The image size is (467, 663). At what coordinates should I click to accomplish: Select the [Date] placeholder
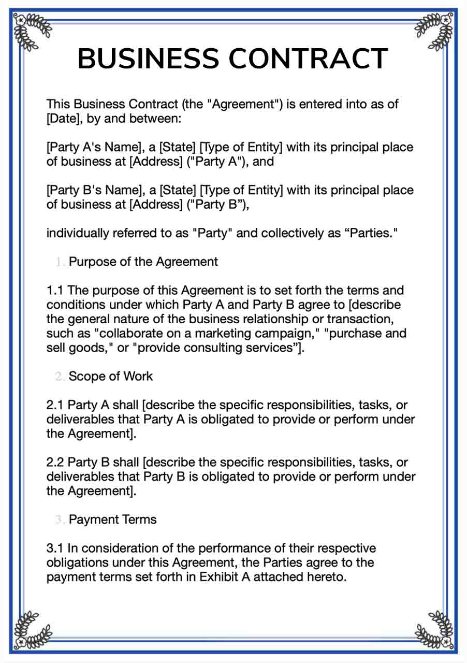64,119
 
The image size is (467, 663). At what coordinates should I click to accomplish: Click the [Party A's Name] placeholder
96,147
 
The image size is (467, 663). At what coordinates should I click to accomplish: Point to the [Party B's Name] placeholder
96,190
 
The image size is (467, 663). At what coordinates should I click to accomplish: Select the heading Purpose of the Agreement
143,262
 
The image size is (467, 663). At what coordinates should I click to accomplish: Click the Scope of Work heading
111,376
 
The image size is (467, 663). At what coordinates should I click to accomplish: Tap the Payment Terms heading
112,519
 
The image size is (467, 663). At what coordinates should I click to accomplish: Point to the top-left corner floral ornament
31,31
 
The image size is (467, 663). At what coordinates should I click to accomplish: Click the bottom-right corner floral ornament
435,631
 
